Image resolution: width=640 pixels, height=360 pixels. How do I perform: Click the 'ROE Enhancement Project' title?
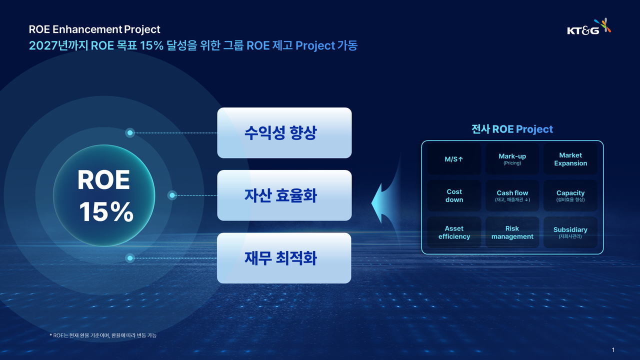tap(94, 29)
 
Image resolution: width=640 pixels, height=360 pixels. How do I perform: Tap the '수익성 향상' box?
tap(284, 133)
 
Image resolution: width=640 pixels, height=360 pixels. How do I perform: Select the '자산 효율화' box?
tap(284, 195)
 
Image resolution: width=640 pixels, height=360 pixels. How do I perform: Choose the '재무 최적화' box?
tap(284, 258)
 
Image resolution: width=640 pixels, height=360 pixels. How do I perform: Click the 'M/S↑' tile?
tap(454, 159)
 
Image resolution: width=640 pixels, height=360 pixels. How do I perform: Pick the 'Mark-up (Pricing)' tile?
tap(512, 159)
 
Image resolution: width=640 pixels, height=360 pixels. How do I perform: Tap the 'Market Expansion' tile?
tap(570, 159)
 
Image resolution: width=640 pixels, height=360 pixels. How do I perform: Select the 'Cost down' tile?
tap(454, 195)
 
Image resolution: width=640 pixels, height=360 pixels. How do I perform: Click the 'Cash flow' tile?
tap(512, 195)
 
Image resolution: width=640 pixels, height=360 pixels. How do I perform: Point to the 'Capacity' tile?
tap(570, 195)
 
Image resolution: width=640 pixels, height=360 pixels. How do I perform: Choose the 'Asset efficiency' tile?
tap(454, 232)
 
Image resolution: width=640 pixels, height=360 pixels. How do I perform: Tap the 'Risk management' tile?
tap(512, 232)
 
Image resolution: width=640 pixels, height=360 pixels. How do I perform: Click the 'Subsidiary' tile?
tap(570, 232)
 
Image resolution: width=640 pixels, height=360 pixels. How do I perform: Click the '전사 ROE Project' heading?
tap(512, 129)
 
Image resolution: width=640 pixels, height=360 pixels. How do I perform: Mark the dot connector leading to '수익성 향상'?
tap(130, 133)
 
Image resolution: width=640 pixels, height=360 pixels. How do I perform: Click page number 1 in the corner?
tap(613, 349)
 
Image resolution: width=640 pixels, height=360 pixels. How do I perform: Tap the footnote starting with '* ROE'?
tap(103, 335)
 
